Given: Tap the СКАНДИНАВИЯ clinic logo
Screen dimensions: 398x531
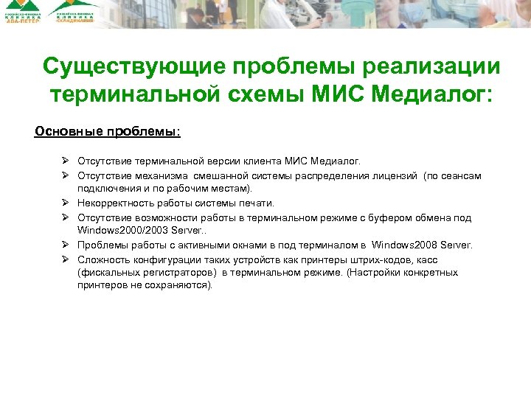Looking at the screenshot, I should pos(74,13).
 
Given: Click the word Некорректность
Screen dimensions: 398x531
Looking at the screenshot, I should pos(116,203).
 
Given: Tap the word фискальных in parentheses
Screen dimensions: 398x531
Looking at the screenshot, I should pos(105,273).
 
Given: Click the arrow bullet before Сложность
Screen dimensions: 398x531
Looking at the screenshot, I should pos(65,259).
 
